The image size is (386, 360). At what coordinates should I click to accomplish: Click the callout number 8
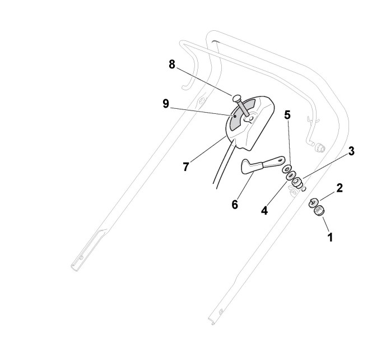[x=171, y=65]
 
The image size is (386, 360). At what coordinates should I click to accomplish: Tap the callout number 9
[x=165, y=104]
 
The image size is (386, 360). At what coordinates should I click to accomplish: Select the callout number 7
[x=185, y=167]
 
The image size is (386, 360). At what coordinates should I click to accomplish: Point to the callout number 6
[x=235, y=204]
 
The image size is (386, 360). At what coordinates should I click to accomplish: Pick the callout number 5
[x=287, y=116]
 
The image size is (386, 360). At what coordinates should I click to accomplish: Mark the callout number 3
[x=351, y=151]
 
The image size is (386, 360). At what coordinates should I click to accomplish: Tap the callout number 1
[x=330, y=237]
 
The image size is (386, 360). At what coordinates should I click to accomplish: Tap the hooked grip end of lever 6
[x=247, y=166]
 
